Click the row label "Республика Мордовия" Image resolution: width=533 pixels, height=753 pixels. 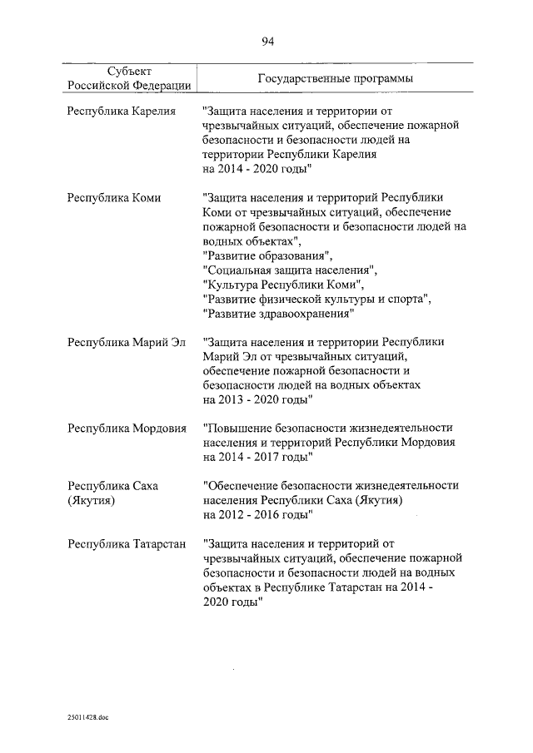click(x=127, y=428)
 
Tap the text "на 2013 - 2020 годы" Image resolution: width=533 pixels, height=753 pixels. click(x=258, y=400)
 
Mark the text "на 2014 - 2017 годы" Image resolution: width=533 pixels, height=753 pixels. click(x=258, y=458)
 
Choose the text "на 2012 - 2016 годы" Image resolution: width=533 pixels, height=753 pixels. click(x=258, y=515)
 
